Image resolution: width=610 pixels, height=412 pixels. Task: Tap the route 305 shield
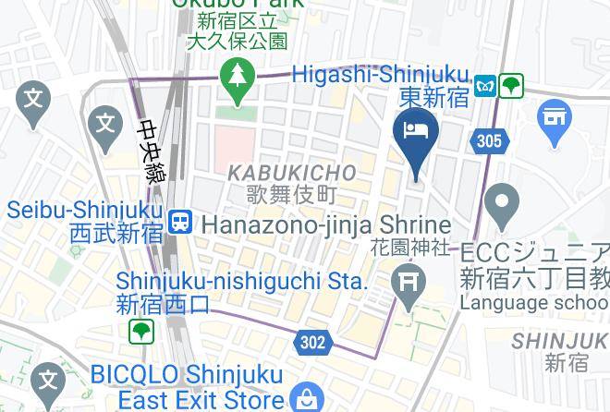point(490,141)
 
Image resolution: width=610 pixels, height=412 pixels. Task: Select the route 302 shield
point(313,342)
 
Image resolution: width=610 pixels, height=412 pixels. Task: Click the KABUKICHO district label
point(291,173)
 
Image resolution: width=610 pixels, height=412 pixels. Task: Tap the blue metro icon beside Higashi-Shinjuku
point(483,86)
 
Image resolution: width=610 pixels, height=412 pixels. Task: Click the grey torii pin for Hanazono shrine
point(408,282)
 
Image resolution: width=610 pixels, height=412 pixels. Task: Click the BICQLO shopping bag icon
point(303,399)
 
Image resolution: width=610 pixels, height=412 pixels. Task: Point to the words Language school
point(533,302)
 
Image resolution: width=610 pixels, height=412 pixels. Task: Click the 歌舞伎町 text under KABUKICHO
point(291,194)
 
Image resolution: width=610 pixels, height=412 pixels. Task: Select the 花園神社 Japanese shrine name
point(409,248)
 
